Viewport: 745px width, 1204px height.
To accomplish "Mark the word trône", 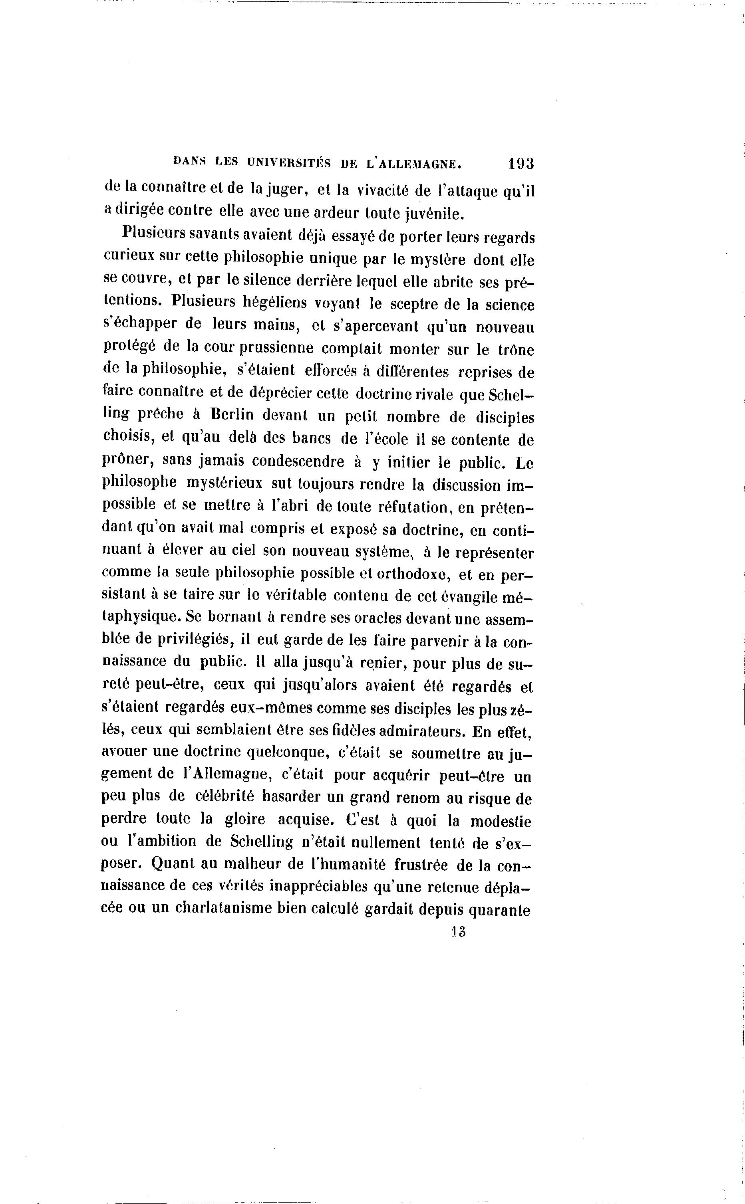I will coord(515,350).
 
